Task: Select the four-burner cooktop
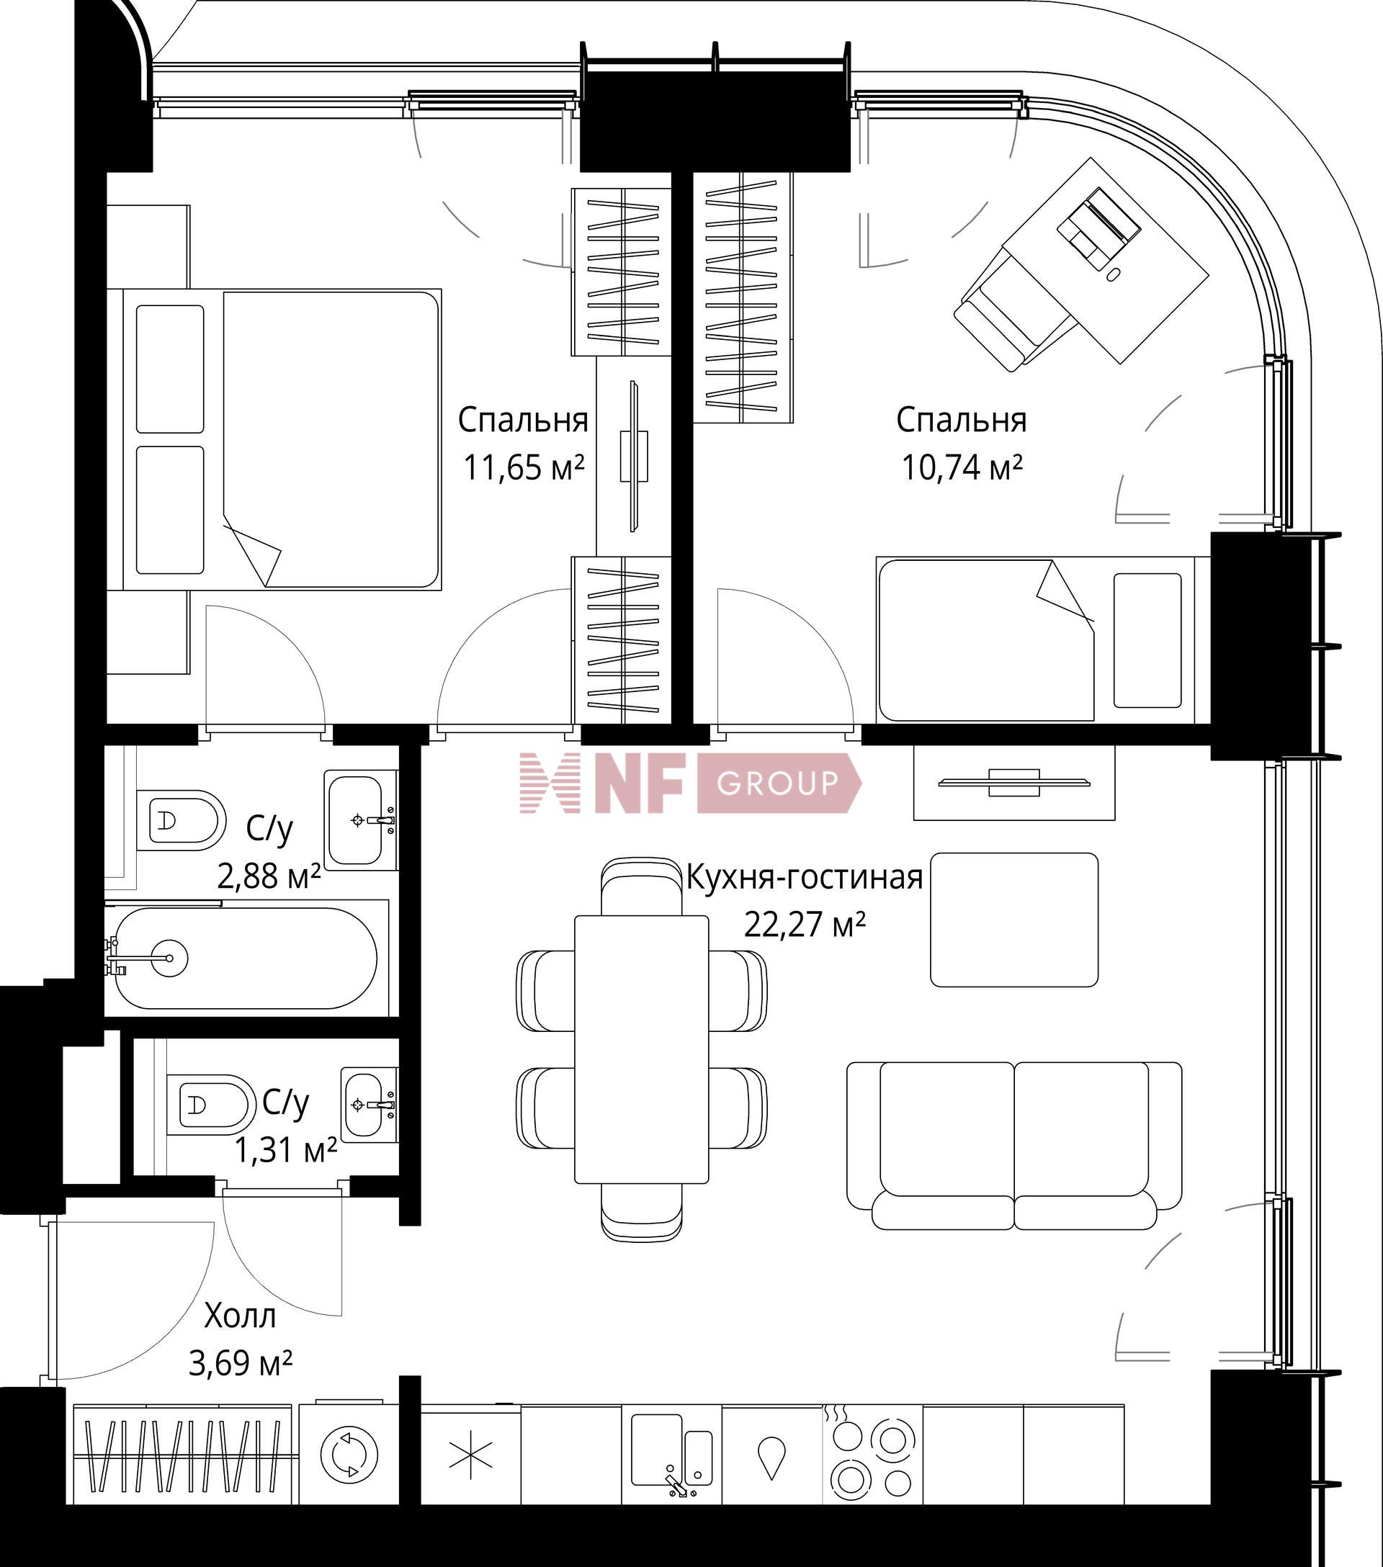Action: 872,1451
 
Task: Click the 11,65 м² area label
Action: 524,467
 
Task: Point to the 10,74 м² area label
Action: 962,467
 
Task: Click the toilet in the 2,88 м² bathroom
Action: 181,820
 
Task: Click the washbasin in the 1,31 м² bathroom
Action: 369,1105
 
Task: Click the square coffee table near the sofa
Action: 1014,920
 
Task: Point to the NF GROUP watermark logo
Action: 690,783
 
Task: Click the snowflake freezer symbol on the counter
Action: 470,1455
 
